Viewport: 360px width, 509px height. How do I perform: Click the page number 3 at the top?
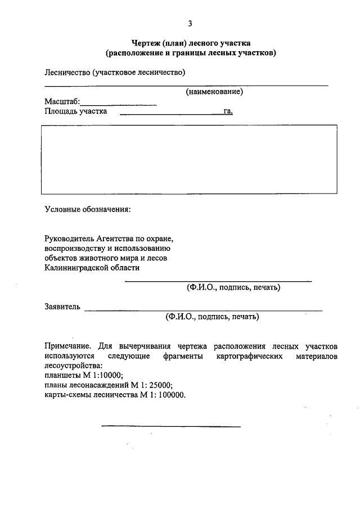click(190, 23)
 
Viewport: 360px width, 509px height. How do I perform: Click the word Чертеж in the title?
click(145, 43)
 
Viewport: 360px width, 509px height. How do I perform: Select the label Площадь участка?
click(76, 111)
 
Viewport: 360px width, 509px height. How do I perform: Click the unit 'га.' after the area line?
click(228, 111)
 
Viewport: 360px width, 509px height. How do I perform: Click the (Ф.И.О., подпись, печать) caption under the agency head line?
click(233, 287)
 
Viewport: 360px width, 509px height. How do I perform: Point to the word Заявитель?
click(63, 307)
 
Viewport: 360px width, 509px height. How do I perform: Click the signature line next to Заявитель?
click(202, 310)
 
